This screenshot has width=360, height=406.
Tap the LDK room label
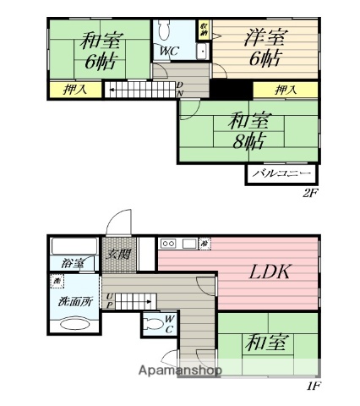[x=269, y=272]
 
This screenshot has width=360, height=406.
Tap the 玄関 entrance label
[x=116, y=251]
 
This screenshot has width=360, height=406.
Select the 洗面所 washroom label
[x=66, y=299]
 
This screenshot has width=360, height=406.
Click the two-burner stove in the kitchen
[x=169, y=244]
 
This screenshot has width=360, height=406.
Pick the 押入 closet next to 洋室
[x=285, y=89]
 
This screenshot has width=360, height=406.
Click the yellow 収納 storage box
[x=204, y=28]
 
